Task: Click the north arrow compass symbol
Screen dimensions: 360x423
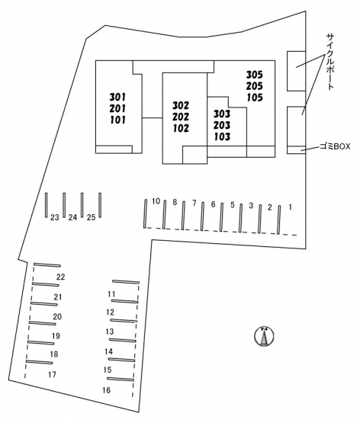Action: click(264, 336)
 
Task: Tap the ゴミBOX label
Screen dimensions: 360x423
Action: click(335, 146)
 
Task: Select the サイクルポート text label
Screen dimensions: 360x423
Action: click(330, 62)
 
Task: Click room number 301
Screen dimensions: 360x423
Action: click(117, 97)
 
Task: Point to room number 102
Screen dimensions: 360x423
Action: click(181, 128)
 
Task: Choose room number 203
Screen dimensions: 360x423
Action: click(222, 125)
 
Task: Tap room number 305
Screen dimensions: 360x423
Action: click(255, 75)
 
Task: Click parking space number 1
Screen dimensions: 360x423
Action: click(290, 207)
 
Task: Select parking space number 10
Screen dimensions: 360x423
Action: click(156, 201)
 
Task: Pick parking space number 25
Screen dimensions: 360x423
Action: click(92, 217)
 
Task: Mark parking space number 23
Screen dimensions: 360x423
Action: click(55, 217)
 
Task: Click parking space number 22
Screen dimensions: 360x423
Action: click(61, 277)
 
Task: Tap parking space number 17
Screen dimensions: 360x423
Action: click(52, 374)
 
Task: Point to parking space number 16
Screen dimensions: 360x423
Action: click(106, 390)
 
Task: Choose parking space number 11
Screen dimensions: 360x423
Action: click(111, 294)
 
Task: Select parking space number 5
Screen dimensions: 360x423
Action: click(233, 205)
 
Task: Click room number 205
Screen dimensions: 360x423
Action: click(255, 86)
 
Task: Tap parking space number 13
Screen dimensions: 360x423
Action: click(110, 332)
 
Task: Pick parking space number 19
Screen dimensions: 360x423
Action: click(56, 336)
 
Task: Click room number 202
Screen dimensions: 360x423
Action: click(181, 117)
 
